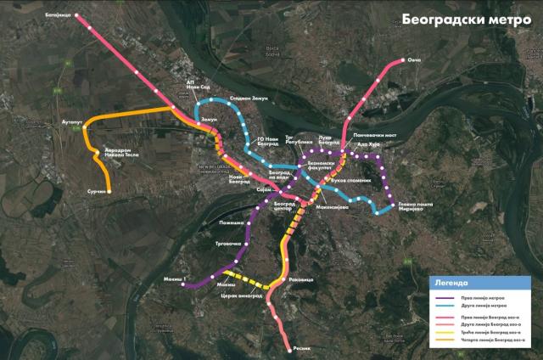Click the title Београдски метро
point(473,19)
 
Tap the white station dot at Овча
point(402,62)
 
